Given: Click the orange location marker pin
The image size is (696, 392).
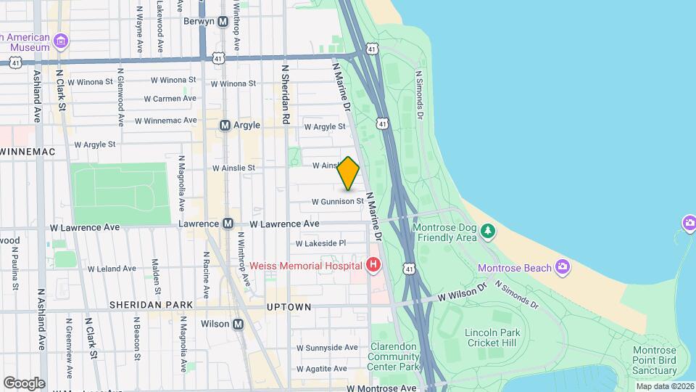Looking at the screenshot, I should [x=349, y=173].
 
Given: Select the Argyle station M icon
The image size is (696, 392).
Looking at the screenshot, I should [x=225, y=126].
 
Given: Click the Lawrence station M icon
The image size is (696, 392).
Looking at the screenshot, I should [x=228, y=224].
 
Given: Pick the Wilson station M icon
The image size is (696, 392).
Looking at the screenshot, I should [x=238, y=324].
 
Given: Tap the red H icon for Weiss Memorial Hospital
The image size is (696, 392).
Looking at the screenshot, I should [x=373, y=265].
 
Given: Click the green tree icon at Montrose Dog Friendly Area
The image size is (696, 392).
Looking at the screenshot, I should [x=489, y=232].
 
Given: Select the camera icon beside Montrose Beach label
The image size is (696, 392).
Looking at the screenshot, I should [x=562, y=268].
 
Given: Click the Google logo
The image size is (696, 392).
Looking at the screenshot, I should [x=24, y=383].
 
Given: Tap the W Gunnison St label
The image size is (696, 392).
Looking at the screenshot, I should [x=337, y=201].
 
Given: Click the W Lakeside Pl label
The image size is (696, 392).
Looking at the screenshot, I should [x=321, y=243].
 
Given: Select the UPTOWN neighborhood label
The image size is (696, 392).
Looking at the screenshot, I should [x=289, y=307].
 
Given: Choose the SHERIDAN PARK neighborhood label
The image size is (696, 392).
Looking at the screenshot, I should [x=152, y=305].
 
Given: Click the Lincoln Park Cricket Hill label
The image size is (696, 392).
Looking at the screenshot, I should [x=491, y=338].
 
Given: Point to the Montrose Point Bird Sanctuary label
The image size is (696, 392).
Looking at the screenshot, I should [x=654, y=361].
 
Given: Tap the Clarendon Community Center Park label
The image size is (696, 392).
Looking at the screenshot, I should [x=395, y=357].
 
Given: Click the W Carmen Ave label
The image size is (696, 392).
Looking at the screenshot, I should [x=170, y=99].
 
